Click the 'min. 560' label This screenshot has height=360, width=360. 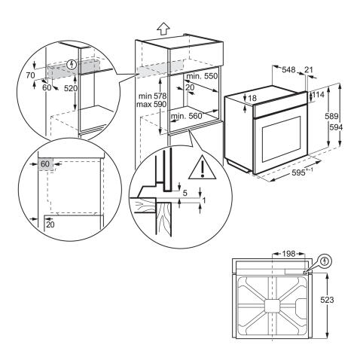188,117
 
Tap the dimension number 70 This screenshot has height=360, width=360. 30,76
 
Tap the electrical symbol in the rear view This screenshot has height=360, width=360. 325,261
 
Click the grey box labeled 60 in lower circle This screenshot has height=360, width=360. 45,164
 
